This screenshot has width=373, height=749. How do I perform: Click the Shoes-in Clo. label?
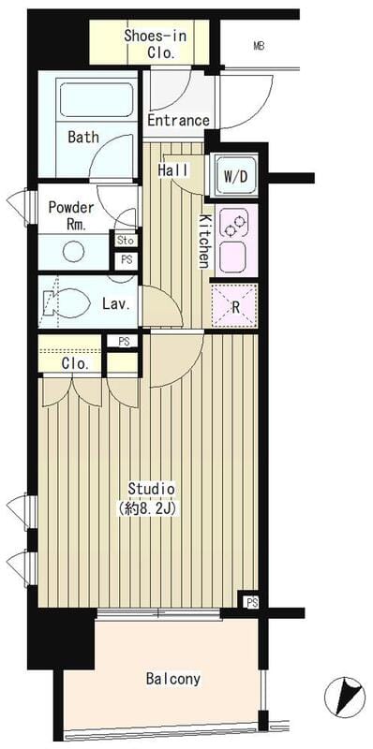[x=155, y=44]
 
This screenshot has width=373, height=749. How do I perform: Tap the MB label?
[x=259, y=46]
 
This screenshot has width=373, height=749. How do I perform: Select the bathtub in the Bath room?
[x=97, y=99]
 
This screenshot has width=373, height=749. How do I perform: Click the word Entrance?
[x=178, y=120]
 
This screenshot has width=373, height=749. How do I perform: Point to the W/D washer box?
[x=236, y=176]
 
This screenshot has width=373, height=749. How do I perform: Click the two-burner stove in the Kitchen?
[x=234, y=224]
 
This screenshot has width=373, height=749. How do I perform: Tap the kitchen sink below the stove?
[x=232, y=257]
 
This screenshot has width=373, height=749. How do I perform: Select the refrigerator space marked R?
[x=234, y=306]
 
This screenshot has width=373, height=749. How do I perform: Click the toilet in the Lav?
[x=67, y=302]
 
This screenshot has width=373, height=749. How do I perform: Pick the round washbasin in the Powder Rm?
[x=74, y=251]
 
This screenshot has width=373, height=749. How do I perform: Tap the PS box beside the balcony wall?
[x=250, y=602]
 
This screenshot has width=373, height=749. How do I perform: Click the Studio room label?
[x=151, y=489]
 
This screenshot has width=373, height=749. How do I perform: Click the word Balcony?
[x=173, y=678]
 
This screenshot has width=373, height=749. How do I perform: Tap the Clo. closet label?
[x=75, y=364]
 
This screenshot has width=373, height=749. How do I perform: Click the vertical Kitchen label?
[x=204, y=242]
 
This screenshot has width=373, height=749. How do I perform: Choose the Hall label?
[x=173, y=169]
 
